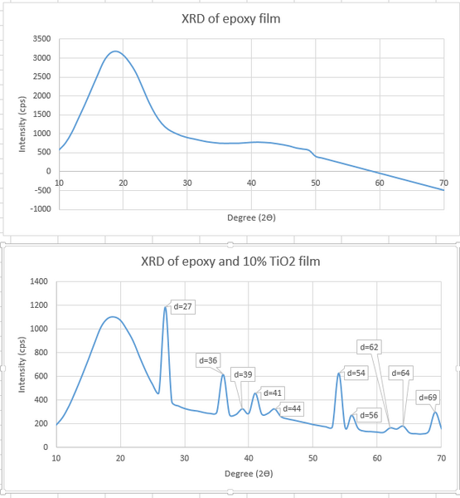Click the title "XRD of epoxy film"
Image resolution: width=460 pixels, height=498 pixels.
coord(230,18)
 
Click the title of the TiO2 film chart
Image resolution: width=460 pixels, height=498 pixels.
coord(230,262)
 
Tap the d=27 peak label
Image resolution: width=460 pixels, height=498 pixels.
coord(182,306)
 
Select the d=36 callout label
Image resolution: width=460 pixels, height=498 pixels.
coord(208,360)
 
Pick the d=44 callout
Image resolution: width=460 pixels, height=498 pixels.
coord(292,408)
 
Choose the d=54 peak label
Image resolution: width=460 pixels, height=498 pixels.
coord(356,373)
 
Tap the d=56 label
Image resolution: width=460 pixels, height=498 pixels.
coord(369,414)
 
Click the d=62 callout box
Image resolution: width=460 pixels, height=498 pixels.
coord(370,346)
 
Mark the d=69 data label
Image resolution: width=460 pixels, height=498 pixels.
coord(428,397)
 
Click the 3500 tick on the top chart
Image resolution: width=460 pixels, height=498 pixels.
coord(40,39)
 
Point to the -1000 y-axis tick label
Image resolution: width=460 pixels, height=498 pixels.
coord(39,208)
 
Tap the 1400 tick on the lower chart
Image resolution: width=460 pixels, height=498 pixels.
coord(38,281)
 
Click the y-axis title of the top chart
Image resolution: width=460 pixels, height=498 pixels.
coord(22,124)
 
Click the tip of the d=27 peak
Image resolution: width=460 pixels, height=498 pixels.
coord(166,308)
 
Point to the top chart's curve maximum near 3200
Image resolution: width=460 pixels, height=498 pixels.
coord(115,51)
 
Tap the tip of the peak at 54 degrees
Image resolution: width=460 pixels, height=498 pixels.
coord(339,373)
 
